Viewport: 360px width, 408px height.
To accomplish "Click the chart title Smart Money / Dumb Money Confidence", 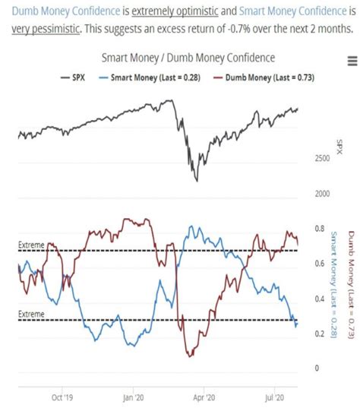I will click(188, 59).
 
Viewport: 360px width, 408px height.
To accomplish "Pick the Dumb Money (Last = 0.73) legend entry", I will click(252, 76).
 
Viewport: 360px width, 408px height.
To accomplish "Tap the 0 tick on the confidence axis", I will click(318, 368).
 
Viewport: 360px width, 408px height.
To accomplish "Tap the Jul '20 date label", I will click(273, 396).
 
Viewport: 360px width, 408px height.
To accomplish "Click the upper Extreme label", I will click(31, 244).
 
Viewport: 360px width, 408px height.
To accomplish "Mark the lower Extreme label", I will click(31, 314).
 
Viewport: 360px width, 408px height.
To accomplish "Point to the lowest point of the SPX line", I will click(196, 181).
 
